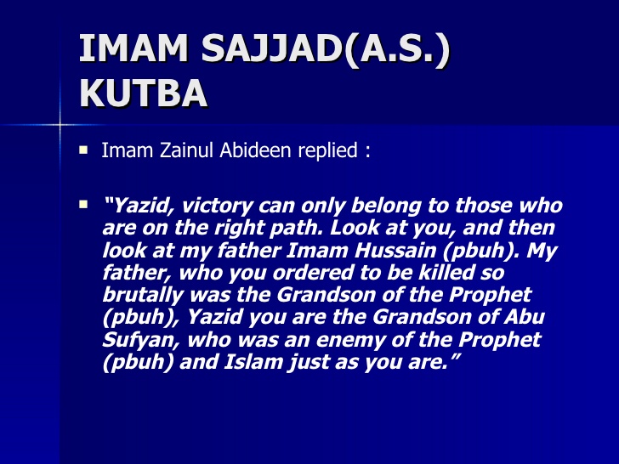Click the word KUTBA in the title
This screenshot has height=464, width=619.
[x=143, y=93]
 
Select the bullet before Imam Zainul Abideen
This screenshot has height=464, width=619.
[x=83, y=150]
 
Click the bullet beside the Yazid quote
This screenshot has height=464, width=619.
[x=83, y=205]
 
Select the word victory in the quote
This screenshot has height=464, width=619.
[x=213, y=206]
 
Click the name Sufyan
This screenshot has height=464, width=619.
[x=135, y=340]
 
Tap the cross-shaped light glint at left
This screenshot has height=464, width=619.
[x=60, y=125]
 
